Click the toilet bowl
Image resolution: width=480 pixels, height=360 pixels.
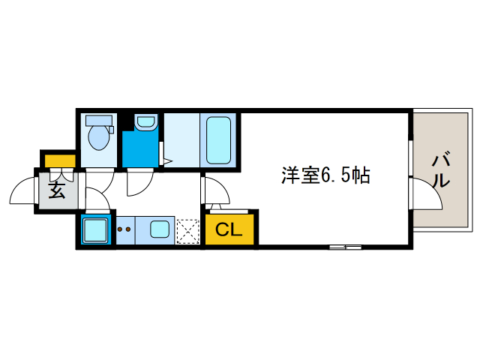tap(98, 137)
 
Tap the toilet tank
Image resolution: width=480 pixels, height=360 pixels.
tap(99, 120)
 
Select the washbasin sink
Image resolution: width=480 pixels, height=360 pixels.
tap(145, 121)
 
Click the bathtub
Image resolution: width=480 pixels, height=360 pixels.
tap(218, 140)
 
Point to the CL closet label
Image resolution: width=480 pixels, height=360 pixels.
tap(229, 229)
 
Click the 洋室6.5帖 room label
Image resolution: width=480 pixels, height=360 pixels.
tap(325, 175)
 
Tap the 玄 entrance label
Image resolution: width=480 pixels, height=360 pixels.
tap(57, 190)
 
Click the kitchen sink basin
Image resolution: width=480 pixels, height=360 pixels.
tap(160, 229)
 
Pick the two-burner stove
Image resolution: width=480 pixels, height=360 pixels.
tap(125, 230)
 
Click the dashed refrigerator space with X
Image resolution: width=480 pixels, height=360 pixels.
tap(187, 232)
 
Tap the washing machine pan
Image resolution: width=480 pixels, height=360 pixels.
tap(95, 230)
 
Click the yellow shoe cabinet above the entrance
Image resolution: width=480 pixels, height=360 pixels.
tap(60, 161)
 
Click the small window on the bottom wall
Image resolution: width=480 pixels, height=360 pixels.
tap(345, 247)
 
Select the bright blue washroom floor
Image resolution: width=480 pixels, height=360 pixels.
tap(140, 148)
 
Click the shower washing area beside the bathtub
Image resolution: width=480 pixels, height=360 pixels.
tap(181, 140)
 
